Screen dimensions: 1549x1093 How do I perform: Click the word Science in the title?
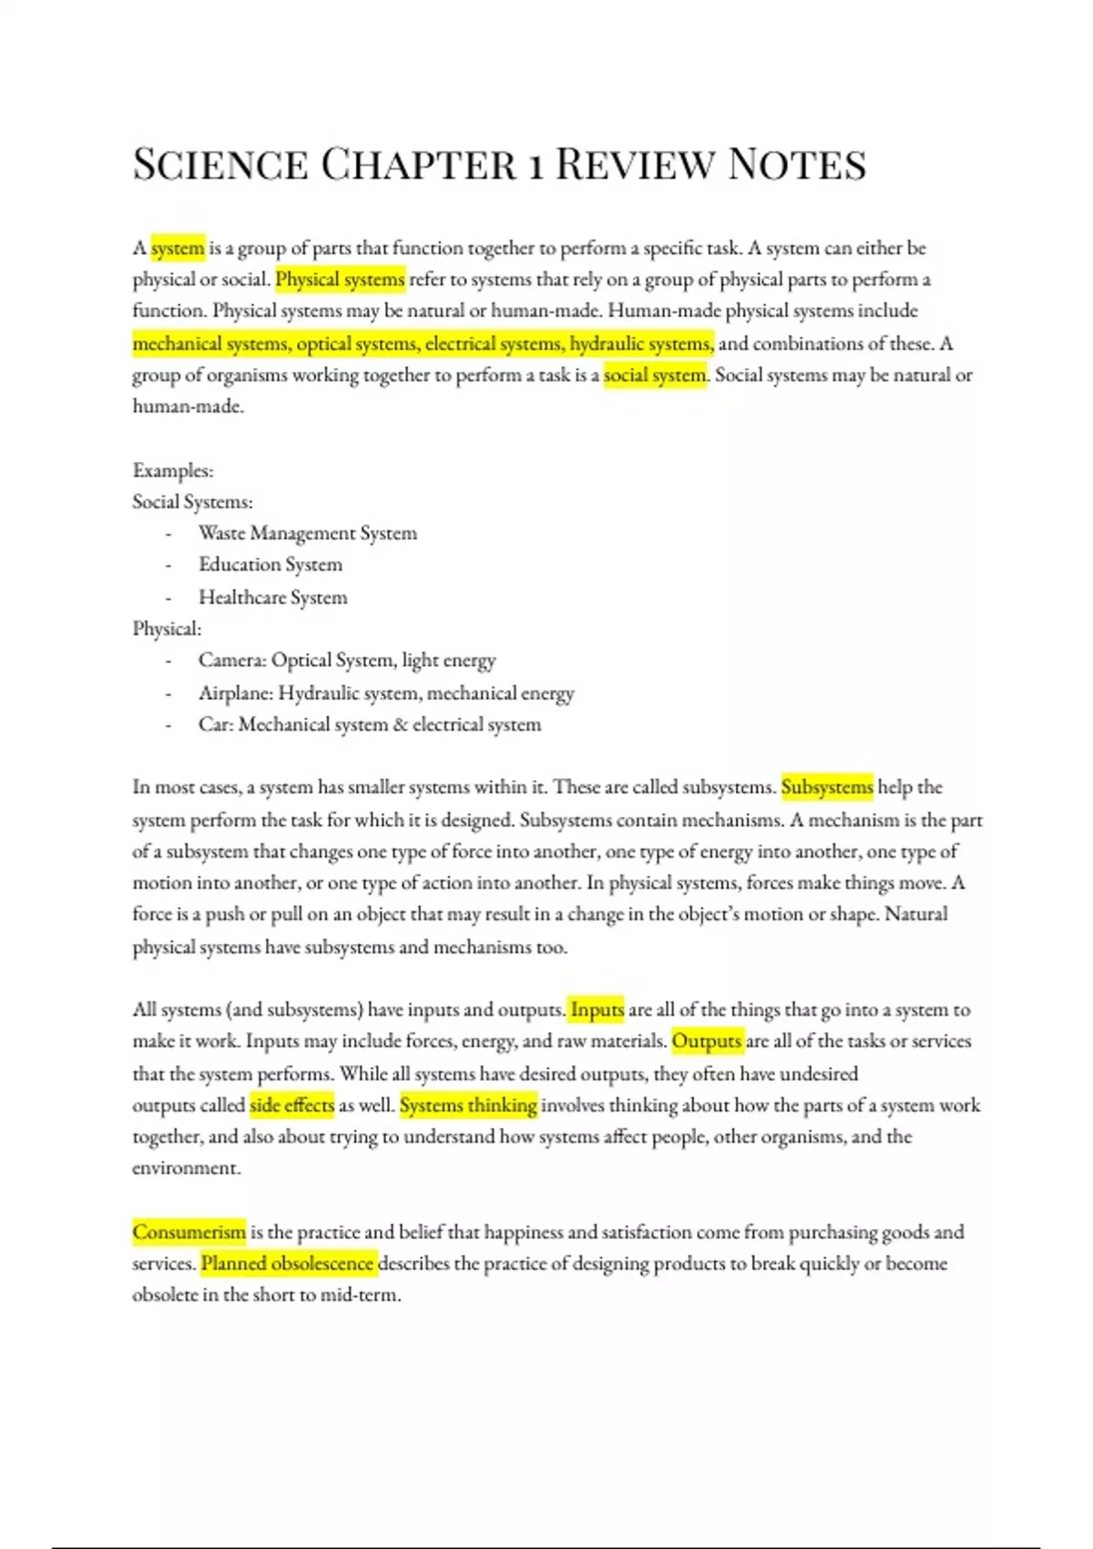(x=220, y=165)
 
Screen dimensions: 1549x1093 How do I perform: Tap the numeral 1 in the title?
(x=537, y=166)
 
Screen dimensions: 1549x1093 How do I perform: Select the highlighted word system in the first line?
(x=178, y=248)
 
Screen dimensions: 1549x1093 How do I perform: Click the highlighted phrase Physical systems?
(x=340, y=279)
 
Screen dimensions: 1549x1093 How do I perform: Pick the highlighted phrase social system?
(x=655, y=374)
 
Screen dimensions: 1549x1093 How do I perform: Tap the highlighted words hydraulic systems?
(x=641, y=344)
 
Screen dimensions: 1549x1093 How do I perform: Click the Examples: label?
(x=173, y=470)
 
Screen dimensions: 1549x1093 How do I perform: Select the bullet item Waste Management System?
(x=308, y=533)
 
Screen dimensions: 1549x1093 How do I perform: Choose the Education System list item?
(x=271, y=565)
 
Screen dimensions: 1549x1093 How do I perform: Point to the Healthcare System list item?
(x=273, y=598)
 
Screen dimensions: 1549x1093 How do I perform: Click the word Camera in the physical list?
(x=231, y=660)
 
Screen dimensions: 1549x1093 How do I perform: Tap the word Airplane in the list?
(x=235, y=693)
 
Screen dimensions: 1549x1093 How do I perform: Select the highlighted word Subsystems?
(x=827, y=786)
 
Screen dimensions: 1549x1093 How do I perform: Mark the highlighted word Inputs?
(x=597, y=1010)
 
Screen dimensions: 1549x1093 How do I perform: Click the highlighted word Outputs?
(x=707, y=1041)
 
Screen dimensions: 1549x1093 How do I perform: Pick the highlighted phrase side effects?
(x=291, y=1105)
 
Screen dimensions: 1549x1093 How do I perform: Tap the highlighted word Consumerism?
(x=189, y=1232)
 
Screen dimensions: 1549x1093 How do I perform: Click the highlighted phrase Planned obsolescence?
(x=287, y=1264)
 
